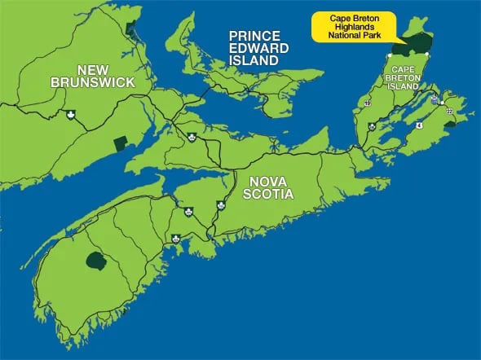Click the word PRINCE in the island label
(x=254, y=36)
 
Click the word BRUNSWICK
(x=92, y=82)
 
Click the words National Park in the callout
(x=351, y=36)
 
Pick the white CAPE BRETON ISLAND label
(x=405, y=77)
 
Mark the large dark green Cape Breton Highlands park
(x=419, y=44)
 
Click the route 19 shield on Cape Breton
(x=368, y=103)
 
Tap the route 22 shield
(x=448, y=110)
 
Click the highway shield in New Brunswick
(x=71, y=114)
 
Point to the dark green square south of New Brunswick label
(x=120, y=143)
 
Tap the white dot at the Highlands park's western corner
(x=391, y=55)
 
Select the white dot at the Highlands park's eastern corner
(x=432, y=56)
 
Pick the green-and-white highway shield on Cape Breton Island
(x=372, y=127)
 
